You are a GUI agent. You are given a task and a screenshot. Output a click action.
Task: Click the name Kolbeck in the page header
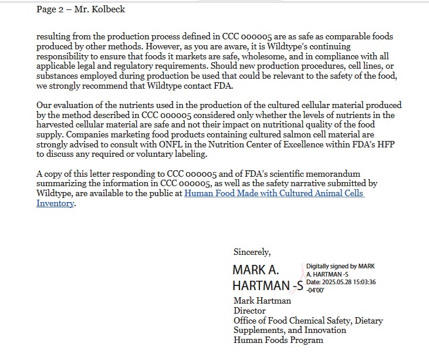109,9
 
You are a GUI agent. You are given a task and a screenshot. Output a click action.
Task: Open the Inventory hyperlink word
55,203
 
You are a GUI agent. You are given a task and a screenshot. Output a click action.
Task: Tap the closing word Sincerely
252,252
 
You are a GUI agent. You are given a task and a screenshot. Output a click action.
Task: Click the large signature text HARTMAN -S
268,286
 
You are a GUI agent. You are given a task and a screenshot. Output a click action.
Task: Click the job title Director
249,311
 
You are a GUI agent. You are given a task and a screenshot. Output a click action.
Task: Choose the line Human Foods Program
278,340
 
